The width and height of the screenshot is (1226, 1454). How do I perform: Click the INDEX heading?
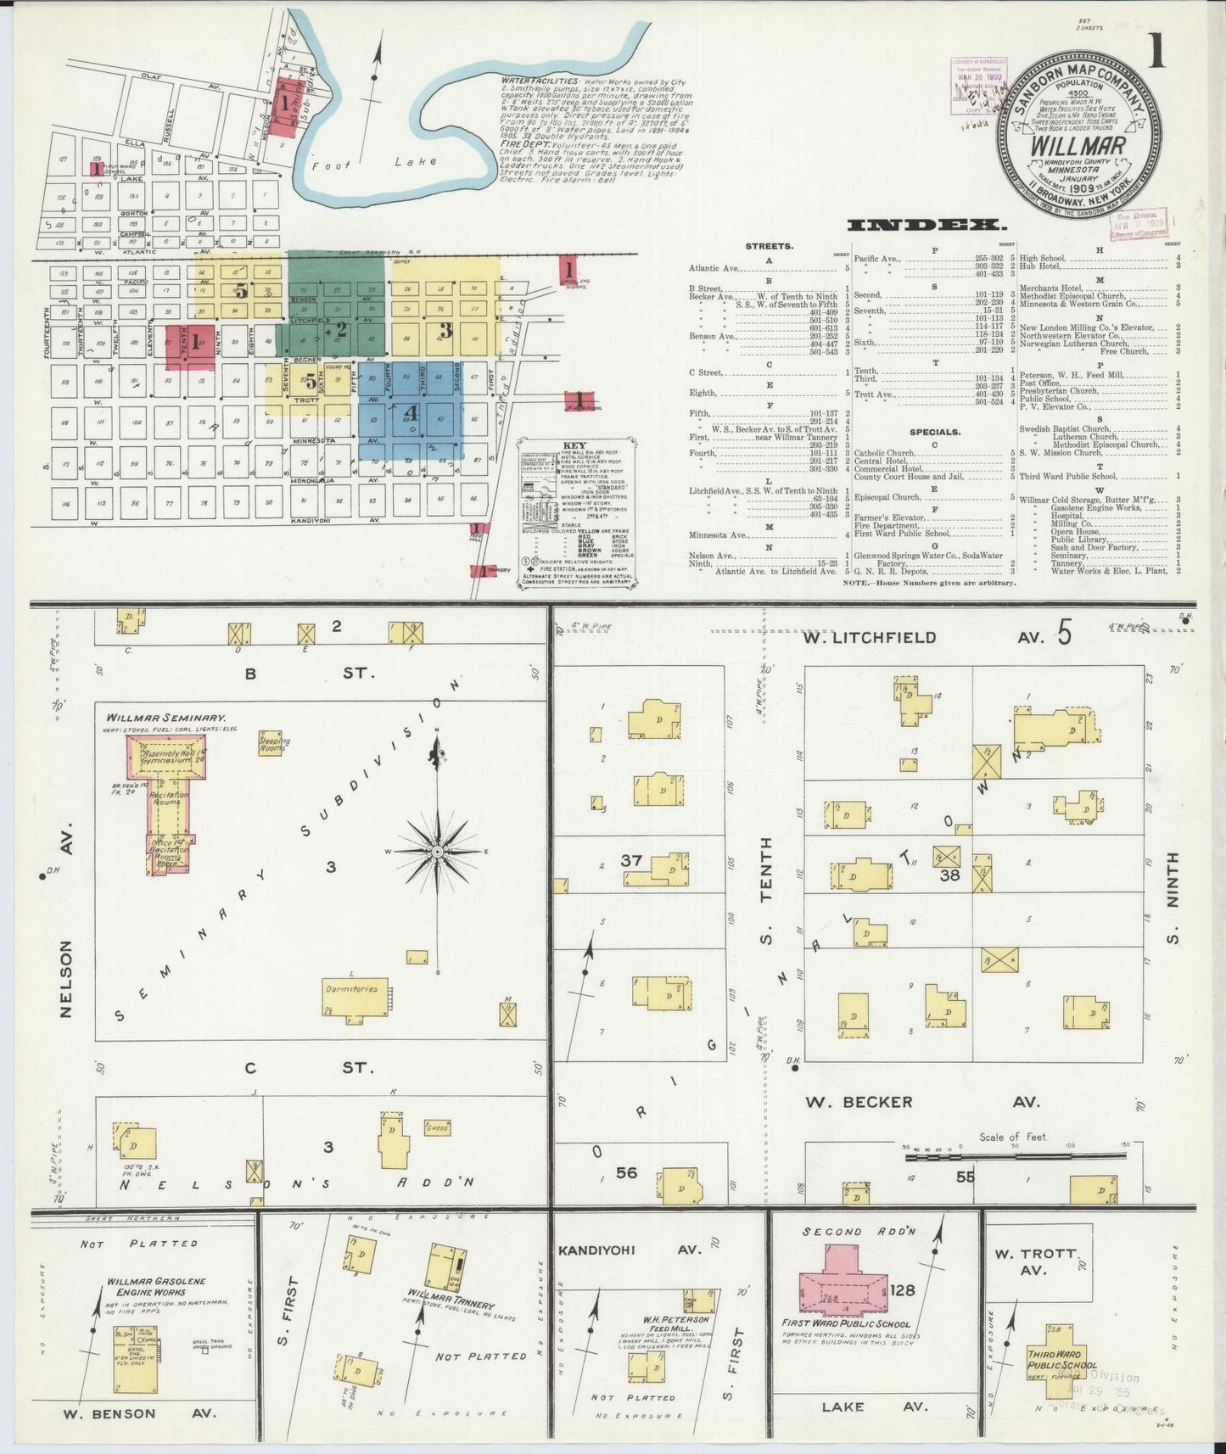tap(926, 225)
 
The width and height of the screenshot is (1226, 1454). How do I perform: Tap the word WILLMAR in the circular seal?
tap(1078, 145)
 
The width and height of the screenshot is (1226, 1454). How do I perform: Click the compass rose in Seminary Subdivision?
tap(437, 851)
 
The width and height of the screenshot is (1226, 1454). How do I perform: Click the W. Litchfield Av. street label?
tap(882, 637)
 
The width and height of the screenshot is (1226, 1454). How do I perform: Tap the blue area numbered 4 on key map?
tap(412, 413)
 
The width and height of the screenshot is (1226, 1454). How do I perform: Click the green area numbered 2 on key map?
tap(339, 329)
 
